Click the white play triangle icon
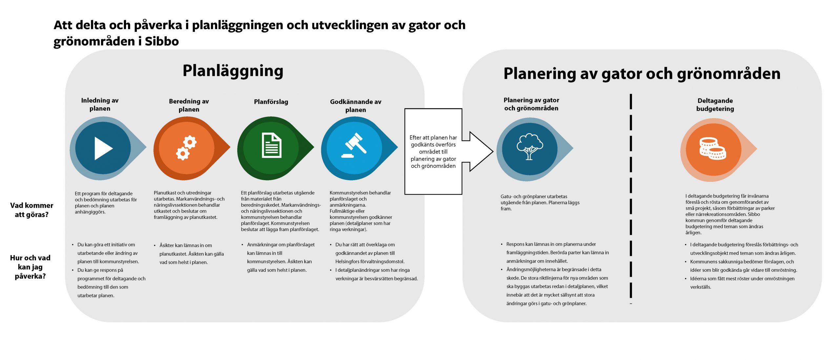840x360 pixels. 103,149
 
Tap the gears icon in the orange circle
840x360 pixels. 186,149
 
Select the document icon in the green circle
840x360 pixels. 271,146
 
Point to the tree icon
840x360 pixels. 530,146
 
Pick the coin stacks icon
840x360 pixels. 712,149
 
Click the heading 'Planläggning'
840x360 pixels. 233,71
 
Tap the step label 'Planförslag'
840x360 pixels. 271,102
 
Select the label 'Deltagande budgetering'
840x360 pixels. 715,105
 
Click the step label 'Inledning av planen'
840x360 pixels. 100,104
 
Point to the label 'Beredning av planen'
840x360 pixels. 189,105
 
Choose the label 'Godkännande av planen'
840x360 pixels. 356,106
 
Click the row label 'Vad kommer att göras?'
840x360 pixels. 31,210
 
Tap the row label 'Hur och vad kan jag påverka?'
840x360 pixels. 30,267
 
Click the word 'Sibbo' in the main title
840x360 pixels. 162,42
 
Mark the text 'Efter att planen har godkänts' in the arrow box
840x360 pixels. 433,141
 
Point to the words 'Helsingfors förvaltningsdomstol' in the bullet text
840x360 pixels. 369,262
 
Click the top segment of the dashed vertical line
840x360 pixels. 631,101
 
